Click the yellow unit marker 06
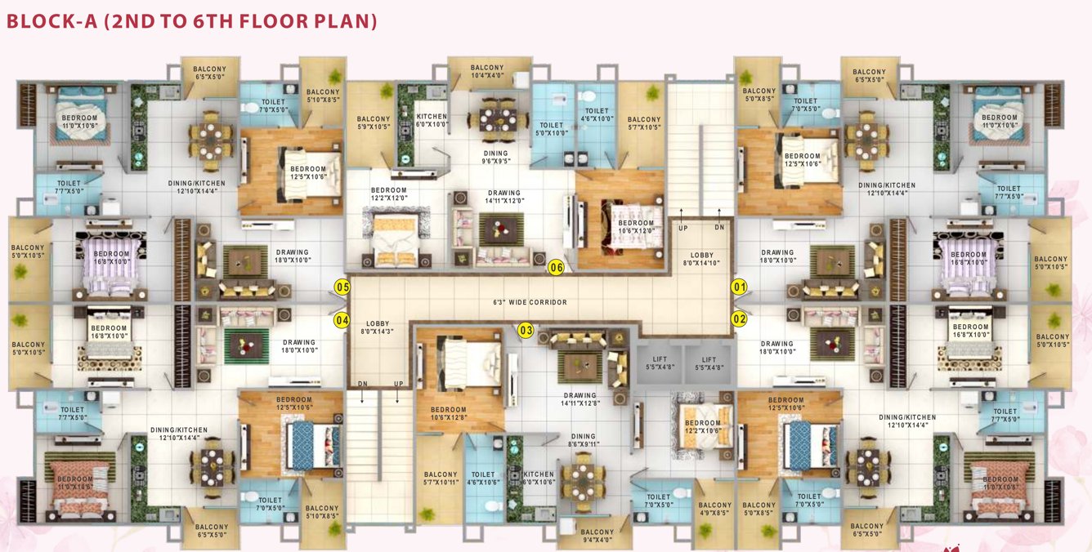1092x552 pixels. click(x=557, y=267)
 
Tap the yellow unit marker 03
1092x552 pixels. click(x=526, y=330)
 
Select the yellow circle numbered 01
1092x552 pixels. click(x=739, y=287)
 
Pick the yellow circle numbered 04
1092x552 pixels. click(x=342, y=320)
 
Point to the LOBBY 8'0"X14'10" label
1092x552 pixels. click(x=701, y=259)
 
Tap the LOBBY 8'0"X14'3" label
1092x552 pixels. click(x=377, y=327)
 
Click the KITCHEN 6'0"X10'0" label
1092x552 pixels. click(x=432, y=121)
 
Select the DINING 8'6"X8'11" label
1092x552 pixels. click(x=583, y=440)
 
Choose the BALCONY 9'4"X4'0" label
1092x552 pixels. click(x=597, y=536)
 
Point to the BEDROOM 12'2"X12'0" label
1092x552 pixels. click(x=388, y=194)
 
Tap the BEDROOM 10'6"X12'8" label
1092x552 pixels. click(x=449, y=414)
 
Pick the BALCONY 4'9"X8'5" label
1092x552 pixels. click(x=715, y=510)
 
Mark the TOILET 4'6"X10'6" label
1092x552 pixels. click(x=483, y=479)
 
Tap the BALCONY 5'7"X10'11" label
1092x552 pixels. click(x=441, y=479)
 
